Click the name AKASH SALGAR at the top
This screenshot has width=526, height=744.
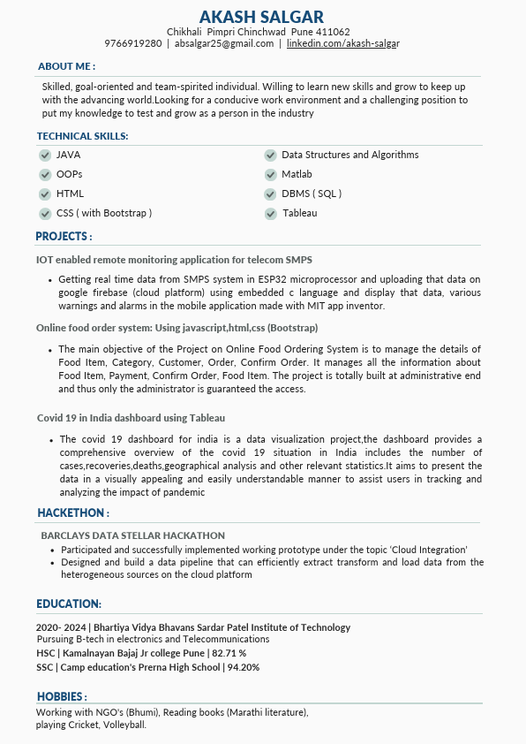pyautogui.click(x=261, y=17)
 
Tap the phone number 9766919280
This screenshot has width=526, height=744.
pyautogui.click(x=132, y=43)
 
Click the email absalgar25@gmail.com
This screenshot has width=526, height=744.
pyautogui.click(x=224, y=43)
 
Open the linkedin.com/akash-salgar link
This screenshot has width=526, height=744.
pyautogui.click(x=343, y=43)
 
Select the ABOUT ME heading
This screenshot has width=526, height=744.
pyautogui.click(x=66, y=66)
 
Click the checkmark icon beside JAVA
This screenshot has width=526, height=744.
pyautogui.click(x=45, y=156)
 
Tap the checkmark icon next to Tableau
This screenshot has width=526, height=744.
pyautogui.click(x=271, y=214)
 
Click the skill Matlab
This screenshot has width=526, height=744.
pyautogui.click(x=297, y=175)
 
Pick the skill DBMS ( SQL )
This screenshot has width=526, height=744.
pyautogui.click(x=312, y=194)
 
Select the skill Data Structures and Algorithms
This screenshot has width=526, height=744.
pyautogui.click(x=349, y=156)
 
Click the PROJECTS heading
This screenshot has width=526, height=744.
pyautogui.click(x=64, y=237)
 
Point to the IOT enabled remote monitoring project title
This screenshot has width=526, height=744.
pyautogui.click(x=174, y=260)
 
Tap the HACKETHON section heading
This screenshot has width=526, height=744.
pyautogui.click(x=73, y=513)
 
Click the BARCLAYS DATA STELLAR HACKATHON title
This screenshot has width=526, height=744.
pyautogui.click(x=132, y=535)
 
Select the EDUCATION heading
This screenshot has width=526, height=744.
pyautogui.click(x=69, y=604)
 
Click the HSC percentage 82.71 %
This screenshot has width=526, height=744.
pyautogui.click(x=229, y=653)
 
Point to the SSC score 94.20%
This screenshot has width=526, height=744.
pyautogui.click(x=243, y=667)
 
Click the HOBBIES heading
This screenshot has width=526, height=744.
pyautogui.click(x=61, y=696)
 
